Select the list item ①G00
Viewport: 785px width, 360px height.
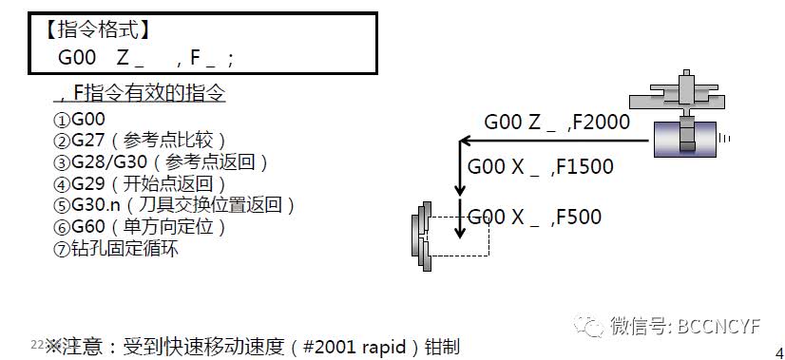tap(80, 121)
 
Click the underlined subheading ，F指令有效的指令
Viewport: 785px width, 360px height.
tap(143, 94)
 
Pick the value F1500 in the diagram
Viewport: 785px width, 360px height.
tap(583, 167)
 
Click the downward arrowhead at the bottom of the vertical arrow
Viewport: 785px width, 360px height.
tap(459, 234)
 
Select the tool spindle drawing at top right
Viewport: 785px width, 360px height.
tap(685, 119)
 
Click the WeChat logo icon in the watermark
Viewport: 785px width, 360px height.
tap(592, 326)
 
